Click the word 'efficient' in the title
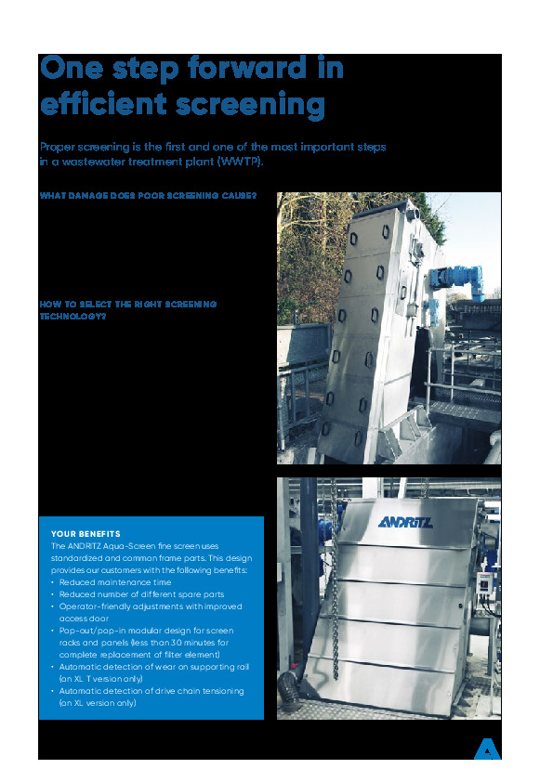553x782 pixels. click(x=99, y=105)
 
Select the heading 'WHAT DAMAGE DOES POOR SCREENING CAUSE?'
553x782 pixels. click(x=148, y=196)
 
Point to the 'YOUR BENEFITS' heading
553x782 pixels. click(x=86, y=534)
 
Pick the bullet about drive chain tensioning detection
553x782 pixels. click(x=151, y=691)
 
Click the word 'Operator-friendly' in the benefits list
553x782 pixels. click(x=94, y=606)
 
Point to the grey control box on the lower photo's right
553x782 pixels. click(x=483, y=583)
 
